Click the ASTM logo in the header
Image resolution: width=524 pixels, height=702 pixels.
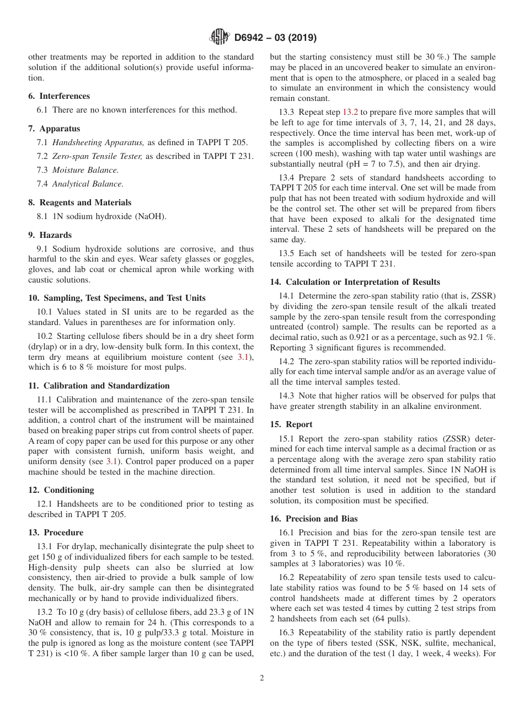(x=219, y=38)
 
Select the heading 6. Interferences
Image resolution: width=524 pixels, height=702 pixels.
(x=59, y=96)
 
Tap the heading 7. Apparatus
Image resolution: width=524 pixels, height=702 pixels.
(x=54, y=129)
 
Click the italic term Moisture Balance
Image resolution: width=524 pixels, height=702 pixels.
(x=85, y=170)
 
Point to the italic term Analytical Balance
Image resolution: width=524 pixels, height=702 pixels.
(x=88, y=184)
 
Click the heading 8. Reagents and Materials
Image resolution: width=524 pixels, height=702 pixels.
(x=80, y=203)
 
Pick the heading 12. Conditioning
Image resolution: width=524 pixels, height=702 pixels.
(x=61, y=490)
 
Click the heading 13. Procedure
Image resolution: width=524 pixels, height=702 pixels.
(x=56, y=533)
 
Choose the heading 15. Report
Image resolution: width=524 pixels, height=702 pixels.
(x=291, y=424)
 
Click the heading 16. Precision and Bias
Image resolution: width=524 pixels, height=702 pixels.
(x=314, y=519)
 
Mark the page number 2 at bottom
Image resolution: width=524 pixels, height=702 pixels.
(x=262, y=678)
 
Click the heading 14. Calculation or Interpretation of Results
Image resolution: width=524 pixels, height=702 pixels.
(x=355, y=282)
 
